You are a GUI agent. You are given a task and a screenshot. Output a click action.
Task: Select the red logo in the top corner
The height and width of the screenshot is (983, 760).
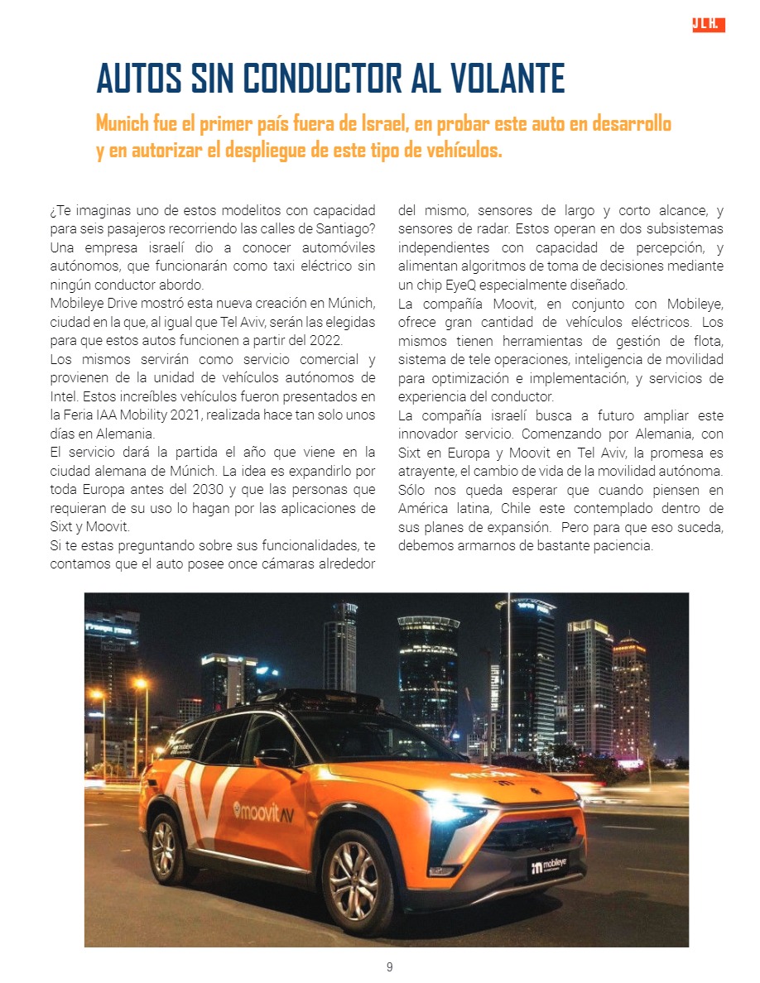[708, 25]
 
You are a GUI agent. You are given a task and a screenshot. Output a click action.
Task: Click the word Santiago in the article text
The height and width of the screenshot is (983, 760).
[338, 228]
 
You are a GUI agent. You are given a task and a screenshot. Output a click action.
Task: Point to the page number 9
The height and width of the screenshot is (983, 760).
[389, 967]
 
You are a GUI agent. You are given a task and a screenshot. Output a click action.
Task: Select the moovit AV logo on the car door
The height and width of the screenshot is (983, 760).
[262, 810]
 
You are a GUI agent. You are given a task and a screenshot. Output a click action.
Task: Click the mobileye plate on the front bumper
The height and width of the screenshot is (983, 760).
[549, 866]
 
